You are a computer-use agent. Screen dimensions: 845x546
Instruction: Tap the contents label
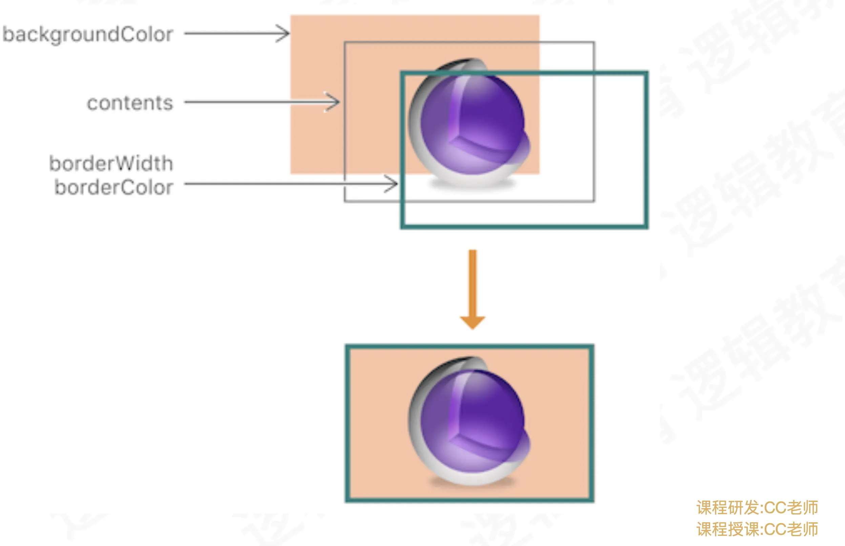(130, 103)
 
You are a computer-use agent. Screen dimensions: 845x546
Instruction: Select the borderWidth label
(111, 164)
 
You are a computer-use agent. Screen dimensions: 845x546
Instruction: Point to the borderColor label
(114, 187)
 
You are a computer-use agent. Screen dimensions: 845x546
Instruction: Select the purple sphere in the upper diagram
(472, 124)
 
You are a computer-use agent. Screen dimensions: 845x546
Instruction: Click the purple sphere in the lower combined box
(472, 422)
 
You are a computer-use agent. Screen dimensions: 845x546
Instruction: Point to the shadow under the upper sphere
(472, 184)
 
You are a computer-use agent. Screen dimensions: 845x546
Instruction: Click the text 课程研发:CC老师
(757, 508)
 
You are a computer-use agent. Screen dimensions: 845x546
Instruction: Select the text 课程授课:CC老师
(757, 529)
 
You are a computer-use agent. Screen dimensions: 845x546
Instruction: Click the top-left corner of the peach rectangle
(291, 16)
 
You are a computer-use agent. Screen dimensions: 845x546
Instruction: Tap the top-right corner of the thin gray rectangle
(594, 43)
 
